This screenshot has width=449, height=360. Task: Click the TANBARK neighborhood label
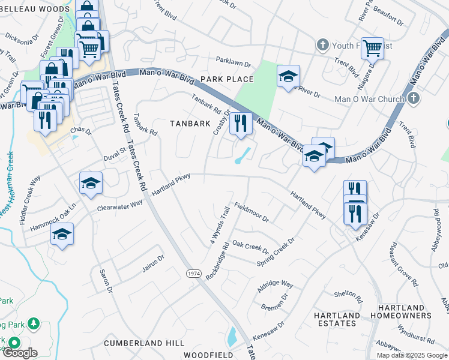[x=190, y=124]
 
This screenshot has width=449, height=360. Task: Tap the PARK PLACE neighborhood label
[x=227, y=79]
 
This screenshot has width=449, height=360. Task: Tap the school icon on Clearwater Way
[x=91, y=183]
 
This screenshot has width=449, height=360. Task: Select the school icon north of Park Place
[x=288, y=76]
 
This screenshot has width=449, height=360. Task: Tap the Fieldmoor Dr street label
[x=251, y=211]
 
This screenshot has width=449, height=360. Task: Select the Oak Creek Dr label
[x=250, y=247]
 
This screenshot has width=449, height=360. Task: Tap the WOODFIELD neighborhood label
[x=208, y=355]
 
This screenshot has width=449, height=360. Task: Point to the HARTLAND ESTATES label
[x=338, y=319]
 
